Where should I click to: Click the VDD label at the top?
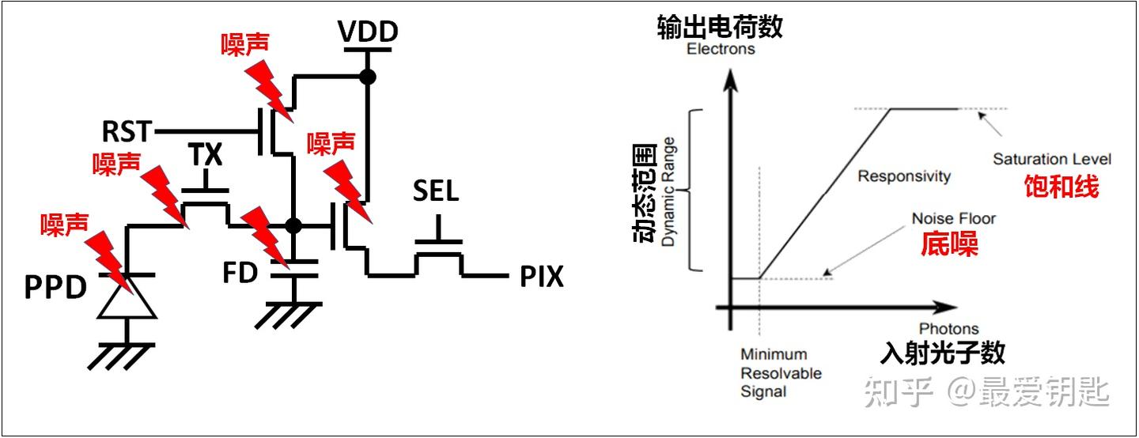click(368, 32)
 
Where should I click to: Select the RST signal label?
click(127, 131)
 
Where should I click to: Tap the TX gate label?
click(206, 154)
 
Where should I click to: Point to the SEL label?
click(436, 191)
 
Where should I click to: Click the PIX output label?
click(542, 277)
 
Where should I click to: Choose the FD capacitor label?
click(240, 273)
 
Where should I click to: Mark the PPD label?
click(56, 287)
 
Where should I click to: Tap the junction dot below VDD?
click(368, 77)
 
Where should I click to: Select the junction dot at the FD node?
click(293, 225)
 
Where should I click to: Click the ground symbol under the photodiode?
click(122, 356)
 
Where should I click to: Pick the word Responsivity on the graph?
click(904, 176)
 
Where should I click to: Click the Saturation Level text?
click(1052, 159)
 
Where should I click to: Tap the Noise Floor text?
click(953, 218)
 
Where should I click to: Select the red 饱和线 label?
click(1061, 186)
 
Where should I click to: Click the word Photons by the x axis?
click(949, 329)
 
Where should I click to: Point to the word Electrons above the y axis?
click(721, 49)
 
